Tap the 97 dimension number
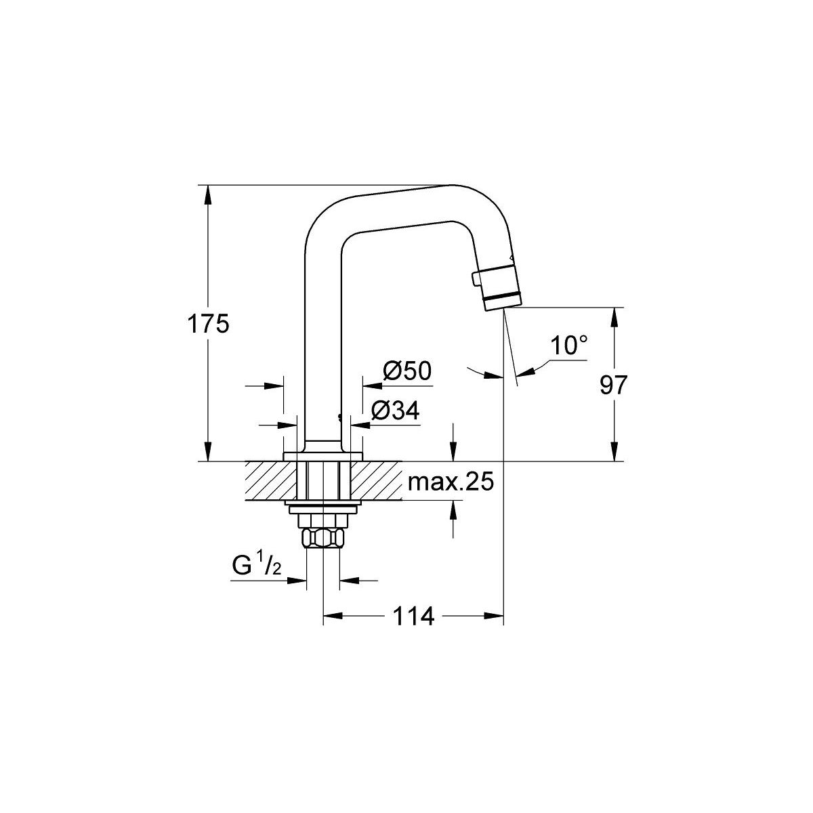click(x=614, y=385)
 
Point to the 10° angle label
click(x=568, y=346)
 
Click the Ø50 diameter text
click(x=407, y=371)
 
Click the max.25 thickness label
click(x=450, y=483)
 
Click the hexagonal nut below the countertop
click(x=324, y=539)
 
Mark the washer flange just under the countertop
click(x=324, y=507)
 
